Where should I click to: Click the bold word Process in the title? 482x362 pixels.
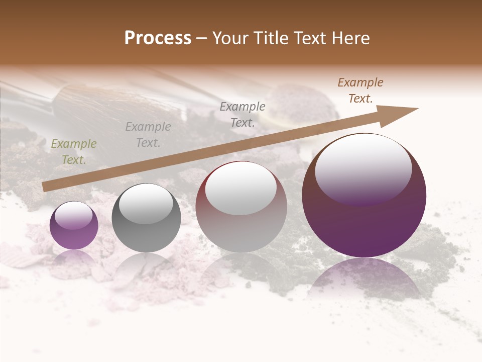coord(158,38)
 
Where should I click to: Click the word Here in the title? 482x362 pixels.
coord(351,38)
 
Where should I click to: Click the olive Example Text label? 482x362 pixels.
coord(74,152)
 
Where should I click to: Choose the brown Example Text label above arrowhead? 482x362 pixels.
coord(360,90)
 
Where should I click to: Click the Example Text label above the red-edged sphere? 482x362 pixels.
coord(243,115)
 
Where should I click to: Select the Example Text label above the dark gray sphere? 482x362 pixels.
coord(148,135)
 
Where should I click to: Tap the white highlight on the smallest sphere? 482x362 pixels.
coord(73,215)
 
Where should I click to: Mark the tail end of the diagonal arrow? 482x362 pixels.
coord(44,188)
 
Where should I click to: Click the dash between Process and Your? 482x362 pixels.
coord(202,39)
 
